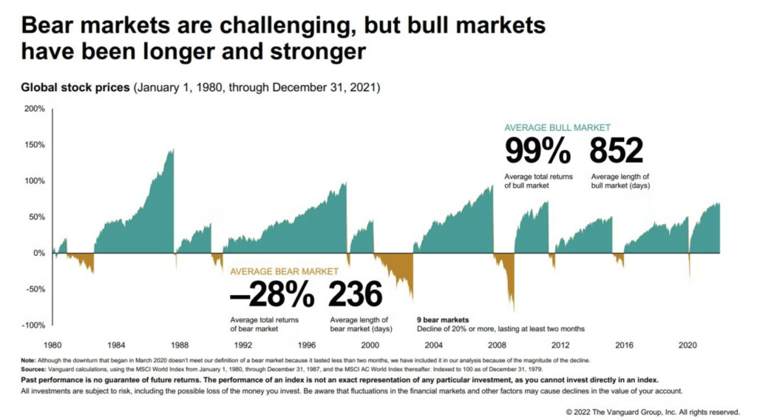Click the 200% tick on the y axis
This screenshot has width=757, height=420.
(x=35, y=109)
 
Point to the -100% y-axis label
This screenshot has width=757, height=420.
(x=34, y=325)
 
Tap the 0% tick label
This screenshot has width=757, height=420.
(x=38, y=253)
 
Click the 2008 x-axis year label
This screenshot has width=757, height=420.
(x=498, y=345)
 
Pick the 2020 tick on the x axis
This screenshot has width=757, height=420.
(x=688, y=345)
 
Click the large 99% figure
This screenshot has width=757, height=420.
(x=537, y=152)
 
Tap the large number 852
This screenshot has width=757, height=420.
(x=616, y=152)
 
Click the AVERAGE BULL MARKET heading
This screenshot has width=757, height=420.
(x=557, y=127)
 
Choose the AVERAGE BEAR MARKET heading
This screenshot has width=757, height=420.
(x=285, y=271)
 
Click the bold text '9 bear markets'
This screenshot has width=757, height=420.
(x=443, y=320)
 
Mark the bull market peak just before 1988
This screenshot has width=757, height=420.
(x=172, y=150)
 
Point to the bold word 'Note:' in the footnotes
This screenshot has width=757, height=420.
(x=32, y=360)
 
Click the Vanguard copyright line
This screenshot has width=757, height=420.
(x=651, y=410)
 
